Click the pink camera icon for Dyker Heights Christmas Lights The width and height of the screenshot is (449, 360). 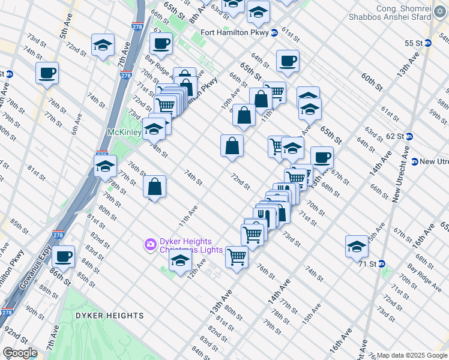(x=149, y=244)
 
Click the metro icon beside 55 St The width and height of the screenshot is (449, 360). (x=428, y=43)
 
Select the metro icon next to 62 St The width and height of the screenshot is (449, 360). (x=409, y=136)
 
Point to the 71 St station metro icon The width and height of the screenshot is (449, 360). (x=381, y=263)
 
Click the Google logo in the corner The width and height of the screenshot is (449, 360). (x=19, y=353)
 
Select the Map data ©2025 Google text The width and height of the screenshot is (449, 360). (x=412, y=355)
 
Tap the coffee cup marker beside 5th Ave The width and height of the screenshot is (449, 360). (x=47, y=73)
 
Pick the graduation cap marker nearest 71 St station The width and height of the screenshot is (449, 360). (x=357, y=246)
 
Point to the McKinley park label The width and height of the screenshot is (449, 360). (x=124, y=131)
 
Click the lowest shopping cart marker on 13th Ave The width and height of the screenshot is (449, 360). (x=237, y=257)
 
